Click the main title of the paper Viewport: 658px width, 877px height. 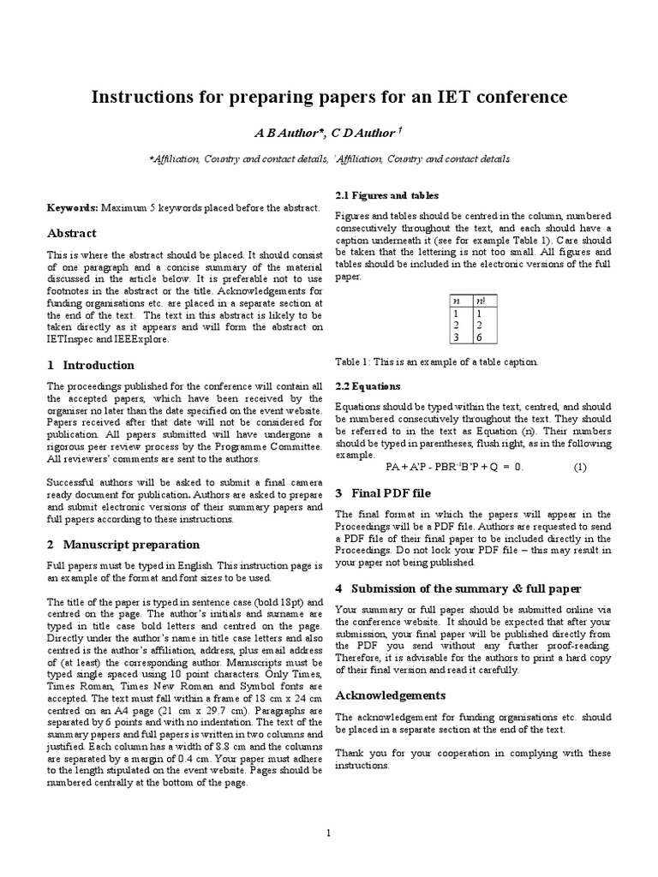(329, 97)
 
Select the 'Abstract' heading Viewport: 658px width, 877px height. (71, 233)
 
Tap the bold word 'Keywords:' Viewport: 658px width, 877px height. (73, 208)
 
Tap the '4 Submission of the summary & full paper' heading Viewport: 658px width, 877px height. (458, 588)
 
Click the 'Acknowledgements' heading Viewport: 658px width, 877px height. (390, 695)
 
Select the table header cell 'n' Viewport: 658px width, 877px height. (457, 301)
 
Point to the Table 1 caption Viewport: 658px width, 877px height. (436, 361)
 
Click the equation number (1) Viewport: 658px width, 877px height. (579, 467)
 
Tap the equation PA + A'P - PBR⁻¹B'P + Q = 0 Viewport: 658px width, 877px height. (453, 467)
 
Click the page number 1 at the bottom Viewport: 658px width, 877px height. (328, 834)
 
